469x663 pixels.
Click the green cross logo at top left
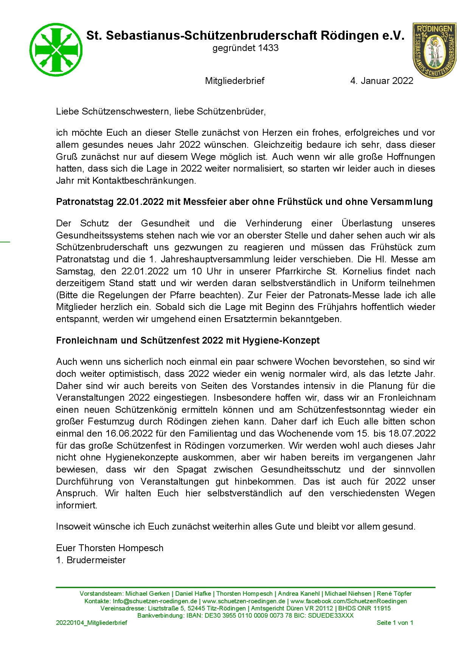[56, 50]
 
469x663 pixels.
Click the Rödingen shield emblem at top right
[434, 50]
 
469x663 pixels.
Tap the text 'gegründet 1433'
[245, 48]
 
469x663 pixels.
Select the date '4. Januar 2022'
[382, 81]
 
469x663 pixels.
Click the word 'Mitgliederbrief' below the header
[234, 81]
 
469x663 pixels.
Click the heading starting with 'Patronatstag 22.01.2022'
[244, 202]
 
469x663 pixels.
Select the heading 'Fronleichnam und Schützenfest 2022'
[188, 341]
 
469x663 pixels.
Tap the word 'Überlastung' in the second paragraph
[367, 223]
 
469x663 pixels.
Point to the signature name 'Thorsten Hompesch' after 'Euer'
[121, 548]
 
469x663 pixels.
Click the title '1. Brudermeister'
[91, 560]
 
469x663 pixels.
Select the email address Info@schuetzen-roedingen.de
[155, 601]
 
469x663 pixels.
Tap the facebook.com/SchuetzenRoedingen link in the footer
[348, 601]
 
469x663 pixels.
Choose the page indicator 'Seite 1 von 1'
[394, 623]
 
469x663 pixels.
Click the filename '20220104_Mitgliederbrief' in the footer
[92, 623]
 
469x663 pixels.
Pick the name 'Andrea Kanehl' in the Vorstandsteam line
[298, 594]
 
